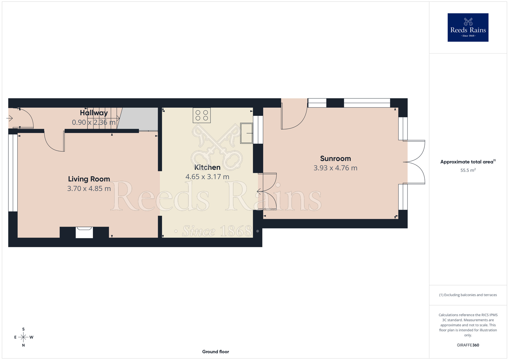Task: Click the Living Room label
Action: coord(89,179)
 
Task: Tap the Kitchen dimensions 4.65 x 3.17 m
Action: coord(207,177)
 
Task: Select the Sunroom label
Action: coord(335,158)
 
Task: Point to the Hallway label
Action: coord(94,113)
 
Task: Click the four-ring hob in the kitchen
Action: coord(202,115)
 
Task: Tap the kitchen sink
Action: coord(247,133)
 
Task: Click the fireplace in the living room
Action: coord(84,232)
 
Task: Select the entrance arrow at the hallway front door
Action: coord(9,118)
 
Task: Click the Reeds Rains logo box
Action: coord(468,27)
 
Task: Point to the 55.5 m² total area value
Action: coord(468,170)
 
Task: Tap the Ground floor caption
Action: coord(216,352)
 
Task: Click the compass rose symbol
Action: coord(23,337)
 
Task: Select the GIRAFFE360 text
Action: coord(468,345)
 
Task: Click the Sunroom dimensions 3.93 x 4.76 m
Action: coord(335,168)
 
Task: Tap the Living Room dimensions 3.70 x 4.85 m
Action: coord(89,189)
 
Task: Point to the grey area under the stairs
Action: coord(139,119)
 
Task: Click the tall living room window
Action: coord(13,173)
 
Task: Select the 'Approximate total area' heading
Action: coord(468,162)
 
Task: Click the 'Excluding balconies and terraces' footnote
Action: coord(468,295)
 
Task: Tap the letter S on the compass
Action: coord(23,329)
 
